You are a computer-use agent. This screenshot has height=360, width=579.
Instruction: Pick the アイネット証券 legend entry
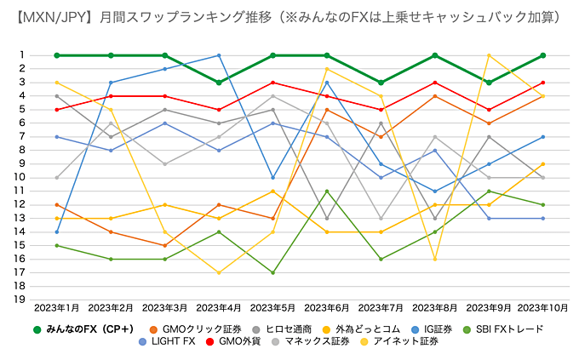(410, 341)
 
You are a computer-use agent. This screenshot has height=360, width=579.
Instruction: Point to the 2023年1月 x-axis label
(56, 306)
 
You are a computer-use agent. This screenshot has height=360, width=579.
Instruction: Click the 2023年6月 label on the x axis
(328, 306)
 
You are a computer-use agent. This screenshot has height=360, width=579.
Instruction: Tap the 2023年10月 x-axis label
(543, 306)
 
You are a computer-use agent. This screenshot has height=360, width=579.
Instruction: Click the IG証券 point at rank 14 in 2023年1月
(56, 231)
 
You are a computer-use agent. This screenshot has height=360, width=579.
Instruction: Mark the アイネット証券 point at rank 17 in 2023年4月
(219, 272)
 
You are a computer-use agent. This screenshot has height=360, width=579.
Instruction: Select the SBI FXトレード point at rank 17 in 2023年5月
(273, 272)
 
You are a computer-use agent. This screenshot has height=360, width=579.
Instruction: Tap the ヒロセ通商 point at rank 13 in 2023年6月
(328, 218)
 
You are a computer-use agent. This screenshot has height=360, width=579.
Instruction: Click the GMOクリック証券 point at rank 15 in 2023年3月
(165, 245)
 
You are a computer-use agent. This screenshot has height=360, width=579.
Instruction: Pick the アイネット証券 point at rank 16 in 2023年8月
(436, 259)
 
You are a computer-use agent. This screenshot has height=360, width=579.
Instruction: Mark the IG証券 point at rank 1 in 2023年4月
(219, 55)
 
